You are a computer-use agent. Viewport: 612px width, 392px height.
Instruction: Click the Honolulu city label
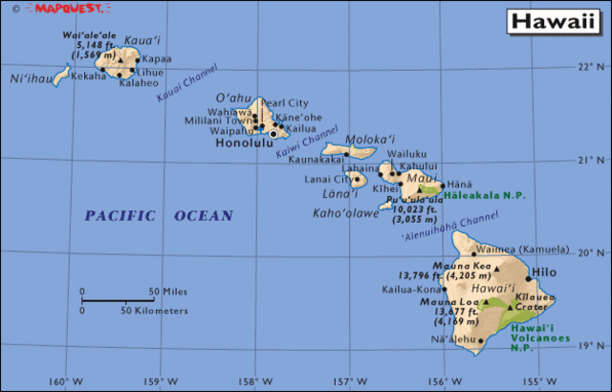[x=244, y=143]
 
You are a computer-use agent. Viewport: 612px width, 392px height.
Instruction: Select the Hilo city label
[x=543, y=272]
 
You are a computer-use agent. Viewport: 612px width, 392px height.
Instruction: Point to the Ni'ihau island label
[x=30, y=79]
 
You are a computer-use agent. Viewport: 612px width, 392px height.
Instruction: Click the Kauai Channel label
[x=187, y=85]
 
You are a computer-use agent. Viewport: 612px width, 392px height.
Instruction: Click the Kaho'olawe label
[x=345, y=212]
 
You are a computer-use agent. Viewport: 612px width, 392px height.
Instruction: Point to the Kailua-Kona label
[x=413, y=288]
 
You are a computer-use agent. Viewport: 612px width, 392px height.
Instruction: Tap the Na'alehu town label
[x=453, y=339]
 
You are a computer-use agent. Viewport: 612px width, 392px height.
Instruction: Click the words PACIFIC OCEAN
[x=158, y=216]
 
